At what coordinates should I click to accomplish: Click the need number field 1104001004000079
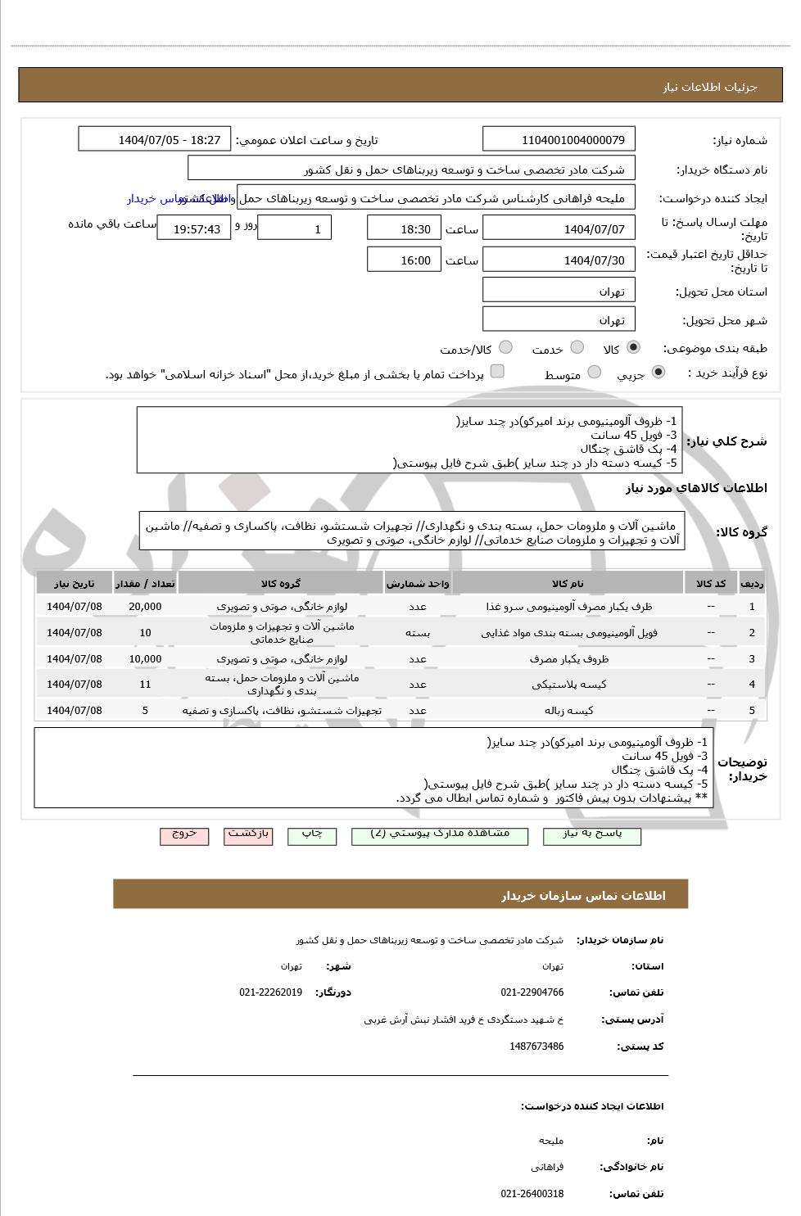coord(559,139)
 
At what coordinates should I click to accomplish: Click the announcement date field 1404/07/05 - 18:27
coord(155,139)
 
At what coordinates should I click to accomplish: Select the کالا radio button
coord(633,348)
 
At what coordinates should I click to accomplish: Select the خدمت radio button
coord(577,348)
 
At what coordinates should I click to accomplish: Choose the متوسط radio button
coord(595,373)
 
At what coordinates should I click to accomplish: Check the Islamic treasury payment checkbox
coord(497,372)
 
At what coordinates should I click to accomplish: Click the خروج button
coord(184,834)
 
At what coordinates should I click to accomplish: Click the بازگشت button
coord(248,834)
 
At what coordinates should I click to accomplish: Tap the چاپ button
coord(312,834)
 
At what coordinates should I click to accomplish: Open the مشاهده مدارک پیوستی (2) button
coord(440,834)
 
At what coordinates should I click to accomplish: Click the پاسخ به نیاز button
coord(592,834)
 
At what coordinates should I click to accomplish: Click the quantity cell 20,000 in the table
coord(145,607)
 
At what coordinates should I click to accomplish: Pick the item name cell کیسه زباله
coord(568,710)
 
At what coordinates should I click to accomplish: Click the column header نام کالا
coord(568,583)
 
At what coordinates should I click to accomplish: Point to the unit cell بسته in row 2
coord(418,632)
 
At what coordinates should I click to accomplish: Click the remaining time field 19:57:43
coord(194,228)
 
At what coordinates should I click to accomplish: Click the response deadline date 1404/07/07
coord(559,228)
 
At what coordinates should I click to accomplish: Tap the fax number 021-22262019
coord(270,992)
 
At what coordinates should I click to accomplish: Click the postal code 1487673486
coord(536,1046)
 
